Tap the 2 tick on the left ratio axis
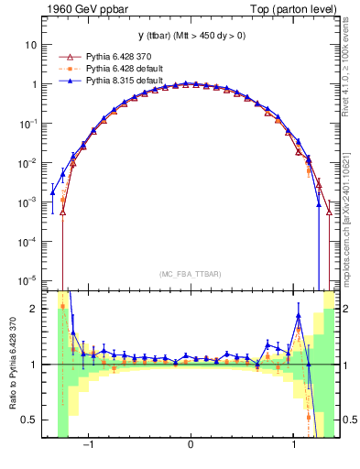(34, 309)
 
